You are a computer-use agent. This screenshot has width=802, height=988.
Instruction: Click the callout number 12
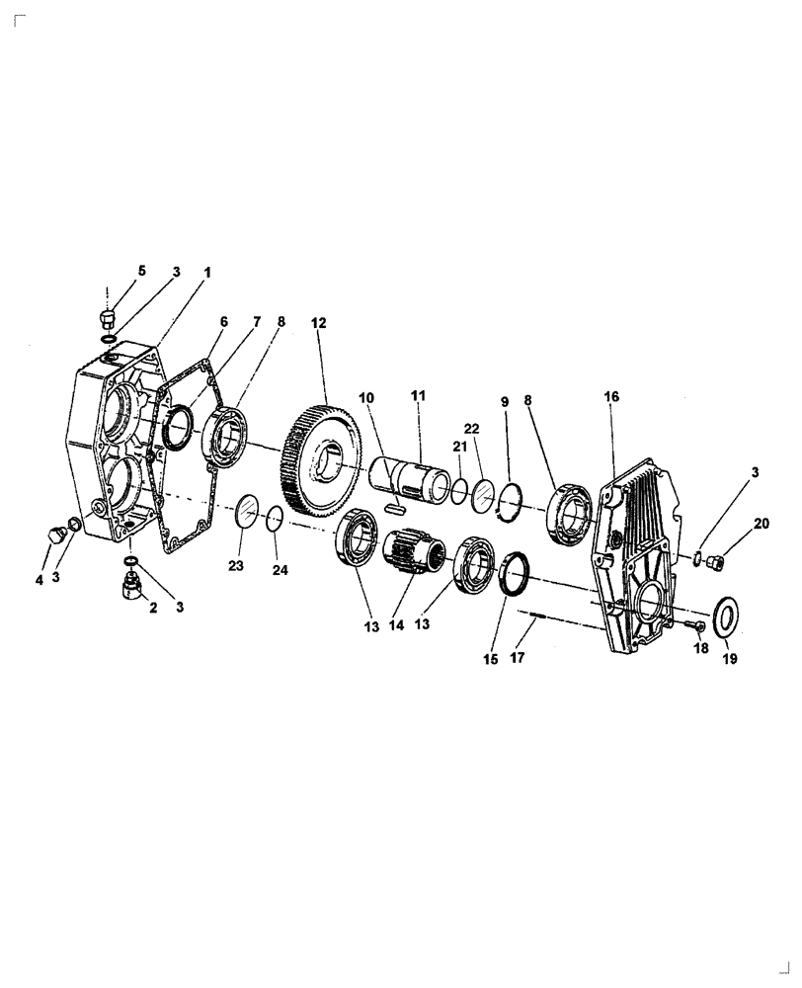pos(318,323)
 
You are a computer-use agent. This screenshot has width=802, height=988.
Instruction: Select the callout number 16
pos(611,396)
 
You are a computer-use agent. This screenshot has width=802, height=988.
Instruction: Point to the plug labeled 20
pos(720,562)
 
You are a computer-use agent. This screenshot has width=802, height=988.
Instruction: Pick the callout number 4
pos(40,581)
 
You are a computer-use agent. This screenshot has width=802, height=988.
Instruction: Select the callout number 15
pos(490,660)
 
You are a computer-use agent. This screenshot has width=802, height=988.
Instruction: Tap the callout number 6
pos(223,321)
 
